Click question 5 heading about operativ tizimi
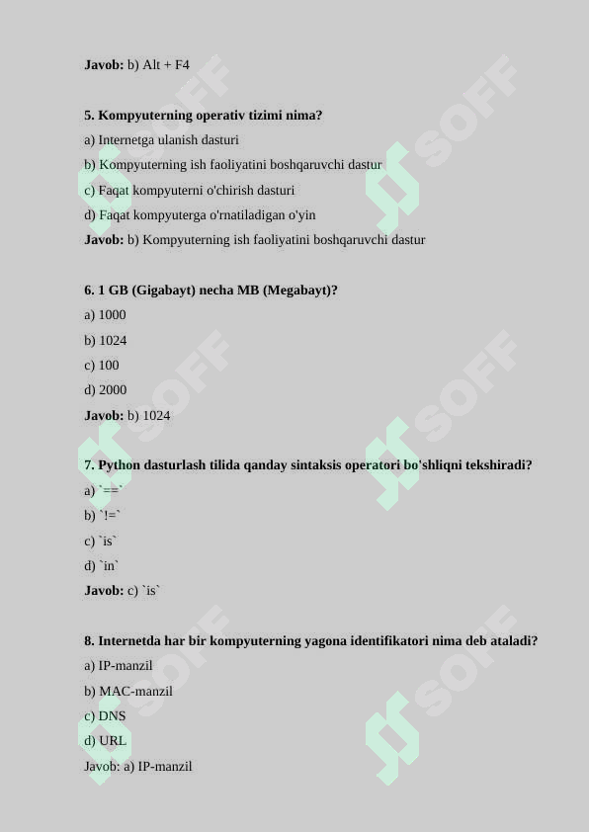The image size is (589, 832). [x=203, y=116]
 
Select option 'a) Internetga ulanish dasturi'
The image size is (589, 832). [x=161, y=140]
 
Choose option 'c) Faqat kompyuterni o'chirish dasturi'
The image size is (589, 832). [x=189, y=190]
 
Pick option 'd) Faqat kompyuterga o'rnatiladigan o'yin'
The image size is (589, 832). [x=200, y=215]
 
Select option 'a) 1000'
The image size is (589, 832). [x=105, y=315]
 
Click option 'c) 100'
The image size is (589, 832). [x=101, y=366]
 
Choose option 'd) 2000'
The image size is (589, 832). [x=105, y=390]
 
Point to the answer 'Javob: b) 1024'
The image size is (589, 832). [x=126, y=416]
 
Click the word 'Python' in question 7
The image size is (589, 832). [x=120, y=465]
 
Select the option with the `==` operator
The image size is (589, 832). [x=103, y=491]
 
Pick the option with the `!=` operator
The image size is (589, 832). [x=103, y=516]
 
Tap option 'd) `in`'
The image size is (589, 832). [x=102, y=566]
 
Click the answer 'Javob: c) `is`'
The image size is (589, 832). [x=122, y=591]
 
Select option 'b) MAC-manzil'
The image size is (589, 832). [x=128, y=692]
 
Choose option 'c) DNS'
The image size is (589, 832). [x=105, y=716]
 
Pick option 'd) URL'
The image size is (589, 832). [x=105, y=741]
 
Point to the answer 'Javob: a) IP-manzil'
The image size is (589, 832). [x=137, y=767]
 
